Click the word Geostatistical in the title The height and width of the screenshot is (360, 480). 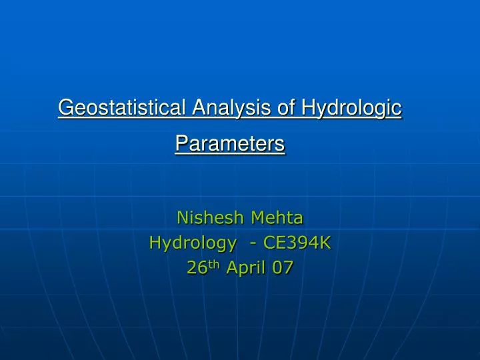122,107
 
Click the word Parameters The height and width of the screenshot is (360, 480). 230,143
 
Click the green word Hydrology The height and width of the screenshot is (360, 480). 193,243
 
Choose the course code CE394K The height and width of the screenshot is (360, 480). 297,243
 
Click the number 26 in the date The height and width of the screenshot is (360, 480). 196,268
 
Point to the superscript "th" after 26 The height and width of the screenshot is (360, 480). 215,263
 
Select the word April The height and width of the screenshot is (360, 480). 245,269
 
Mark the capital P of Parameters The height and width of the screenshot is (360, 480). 180,143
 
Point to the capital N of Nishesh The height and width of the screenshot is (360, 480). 181,217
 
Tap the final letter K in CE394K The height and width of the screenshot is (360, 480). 326,243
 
